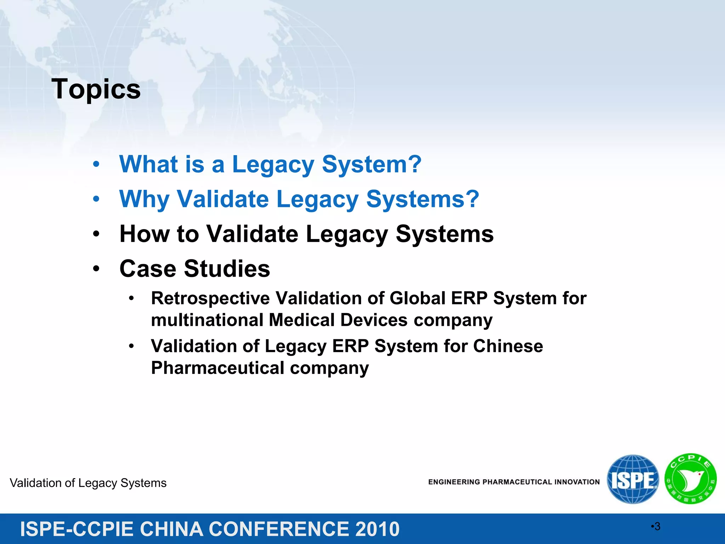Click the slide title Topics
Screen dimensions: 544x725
click(96, 89)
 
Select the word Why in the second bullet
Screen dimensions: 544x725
click(144, 199)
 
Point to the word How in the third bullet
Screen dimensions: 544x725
click(144, 234)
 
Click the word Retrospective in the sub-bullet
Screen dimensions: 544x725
click(210, 298)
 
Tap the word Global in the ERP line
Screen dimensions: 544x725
click(417, 298)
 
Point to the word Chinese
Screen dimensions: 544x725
click(508, 346)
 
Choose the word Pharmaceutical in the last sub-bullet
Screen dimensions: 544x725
click(218, 368)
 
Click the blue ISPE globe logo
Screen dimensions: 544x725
click(633, 480)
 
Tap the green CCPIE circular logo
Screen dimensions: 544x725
click(691, 479)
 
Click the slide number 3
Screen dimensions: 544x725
click(657, 527)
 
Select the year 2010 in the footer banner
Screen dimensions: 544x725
click(377, 529)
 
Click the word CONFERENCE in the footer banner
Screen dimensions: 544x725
click(279, 529)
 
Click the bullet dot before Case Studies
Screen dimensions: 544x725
click(96, 269)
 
